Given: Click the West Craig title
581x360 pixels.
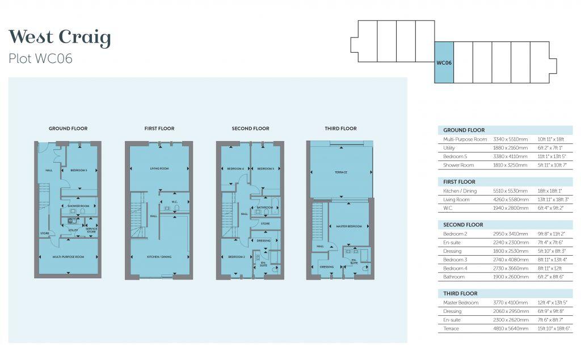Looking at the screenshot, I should [60, 38].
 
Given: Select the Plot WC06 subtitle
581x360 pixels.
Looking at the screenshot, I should [41, 59].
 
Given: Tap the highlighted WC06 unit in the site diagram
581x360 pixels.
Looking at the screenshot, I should [444, 63].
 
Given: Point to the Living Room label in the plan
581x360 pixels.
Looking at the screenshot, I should [159, 168].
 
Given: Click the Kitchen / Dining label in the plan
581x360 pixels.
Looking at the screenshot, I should [159, 257].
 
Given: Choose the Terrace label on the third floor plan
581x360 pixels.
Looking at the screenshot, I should [340, 172].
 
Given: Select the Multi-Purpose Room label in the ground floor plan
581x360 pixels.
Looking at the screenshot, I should [69, 257].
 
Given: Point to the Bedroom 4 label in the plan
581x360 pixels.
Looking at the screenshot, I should [235, 169].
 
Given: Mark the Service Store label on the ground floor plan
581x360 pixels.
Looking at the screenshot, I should [91, 230].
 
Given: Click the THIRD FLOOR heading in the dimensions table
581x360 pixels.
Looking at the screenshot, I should [460, 294].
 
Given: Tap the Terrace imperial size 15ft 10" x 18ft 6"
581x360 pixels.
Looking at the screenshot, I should [555, 329].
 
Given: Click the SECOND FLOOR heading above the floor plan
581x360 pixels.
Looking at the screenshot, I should [250, 129].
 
